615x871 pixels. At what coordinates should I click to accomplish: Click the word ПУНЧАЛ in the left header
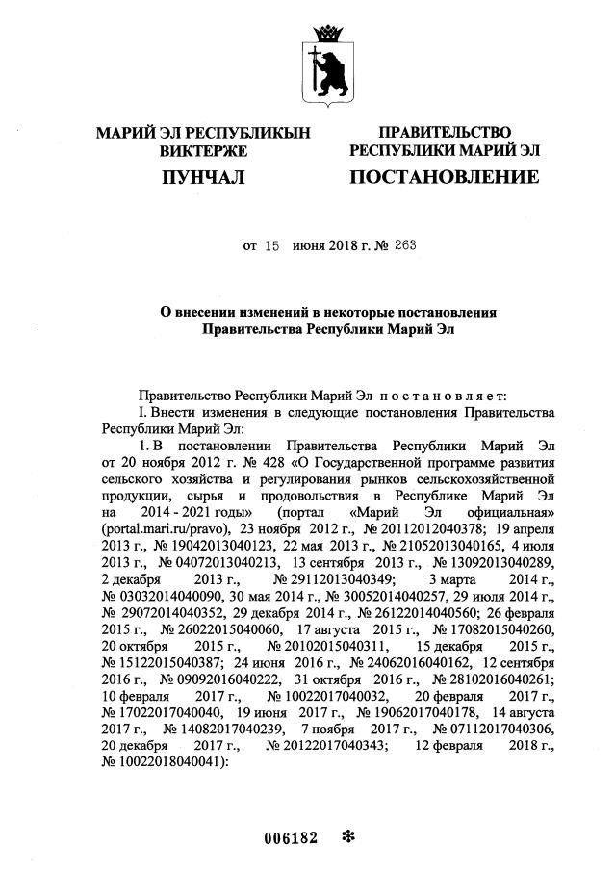coord(204,177)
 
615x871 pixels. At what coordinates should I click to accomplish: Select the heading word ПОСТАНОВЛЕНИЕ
coord(443,177)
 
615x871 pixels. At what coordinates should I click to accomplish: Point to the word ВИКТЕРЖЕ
coord(204,151)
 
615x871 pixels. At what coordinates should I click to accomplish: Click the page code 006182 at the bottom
coord(291,837)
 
